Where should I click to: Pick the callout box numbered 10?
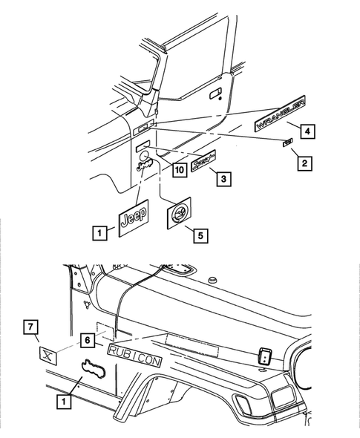pyautogui.click(x=178, y=170)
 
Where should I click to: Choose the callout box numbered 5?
pyautogui.click(x=199, y=235)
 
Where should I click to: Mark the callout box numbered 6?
pyautogui.click(x=87, y=339)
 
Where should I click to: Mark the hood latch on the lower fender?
pyautogui.click(x=264, y=356)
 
